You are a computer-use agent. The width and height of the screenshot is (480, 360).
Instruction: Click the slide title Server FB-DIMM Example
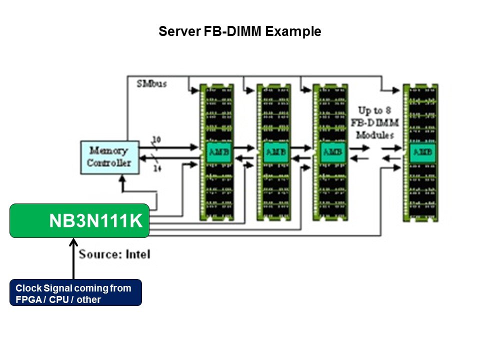tap(239, 32)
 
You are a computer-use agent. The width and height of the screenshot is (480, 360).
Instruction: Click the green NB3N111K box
tap(79, 220)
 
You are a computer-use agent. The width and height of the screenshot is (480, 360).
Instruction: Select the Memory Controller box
tap(109, 157)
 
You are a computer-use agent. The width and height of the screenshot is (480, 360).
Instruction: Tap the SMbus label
tap(151, 83)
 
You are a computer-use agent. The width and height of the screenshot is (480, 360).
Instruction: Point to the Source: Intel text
tap(114, 254)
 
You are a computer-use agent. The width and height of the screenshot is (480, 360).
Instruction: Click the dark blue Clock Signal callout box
tap(75, 292)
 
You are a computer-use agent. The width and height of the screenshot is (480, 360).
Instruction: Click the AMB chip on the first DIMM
tap(216, 151)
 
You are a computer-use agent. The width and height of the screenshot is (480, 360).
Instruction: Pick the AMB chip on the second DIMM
tap(273, 151)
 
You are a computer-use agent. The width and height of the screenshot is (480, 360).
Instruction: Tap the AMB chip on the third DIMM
tap(330, 151)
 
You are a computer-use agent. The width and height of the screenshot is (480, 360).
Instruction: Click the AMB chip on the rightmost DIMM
tap(420, 151)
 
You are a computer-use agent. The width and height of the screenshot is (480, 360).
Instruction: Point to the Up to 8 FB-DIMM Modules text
tap(375, 122)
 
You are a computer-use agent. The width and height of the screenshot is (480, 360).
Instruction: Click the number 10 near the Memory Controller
tap(155, 140)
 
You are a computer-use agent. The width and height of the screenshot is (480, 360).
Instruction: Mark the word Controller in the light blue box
tap(109, 163)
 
